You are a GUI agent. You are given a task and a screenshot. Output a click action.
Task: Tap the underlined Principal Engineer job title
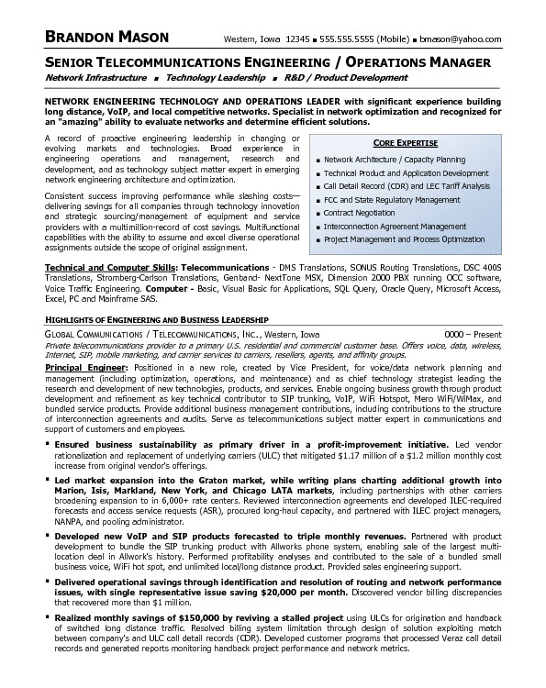[x=87, y=366]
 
